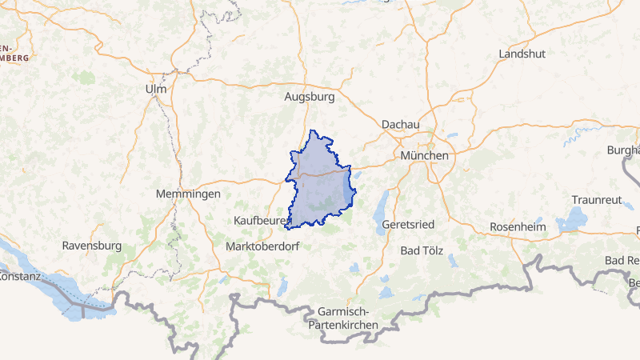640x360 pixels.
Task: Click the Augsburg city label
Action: click(x=309, y=96)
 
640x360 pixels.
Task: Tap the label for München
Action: click(x=425, y=155)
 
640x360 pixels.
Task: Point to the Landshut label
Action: click(x=522, y=54)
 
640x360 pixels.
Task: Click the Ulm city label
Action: click(x=156, y=89)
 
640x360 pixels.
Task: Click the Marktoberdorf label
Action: click(x=262, y=246)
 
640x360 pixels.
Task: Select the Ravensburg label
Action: click(x=91, y=245)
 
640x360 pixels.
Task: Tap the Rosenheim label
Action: click(x=517, y=227)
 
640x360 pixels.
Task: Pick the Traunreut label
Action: click(x=596, y=199)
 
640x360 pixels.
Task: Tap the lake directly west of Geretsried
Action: click(x=379, y=212)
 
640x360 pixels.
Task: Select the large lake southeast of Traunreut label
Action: click(x=572, y=219)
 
